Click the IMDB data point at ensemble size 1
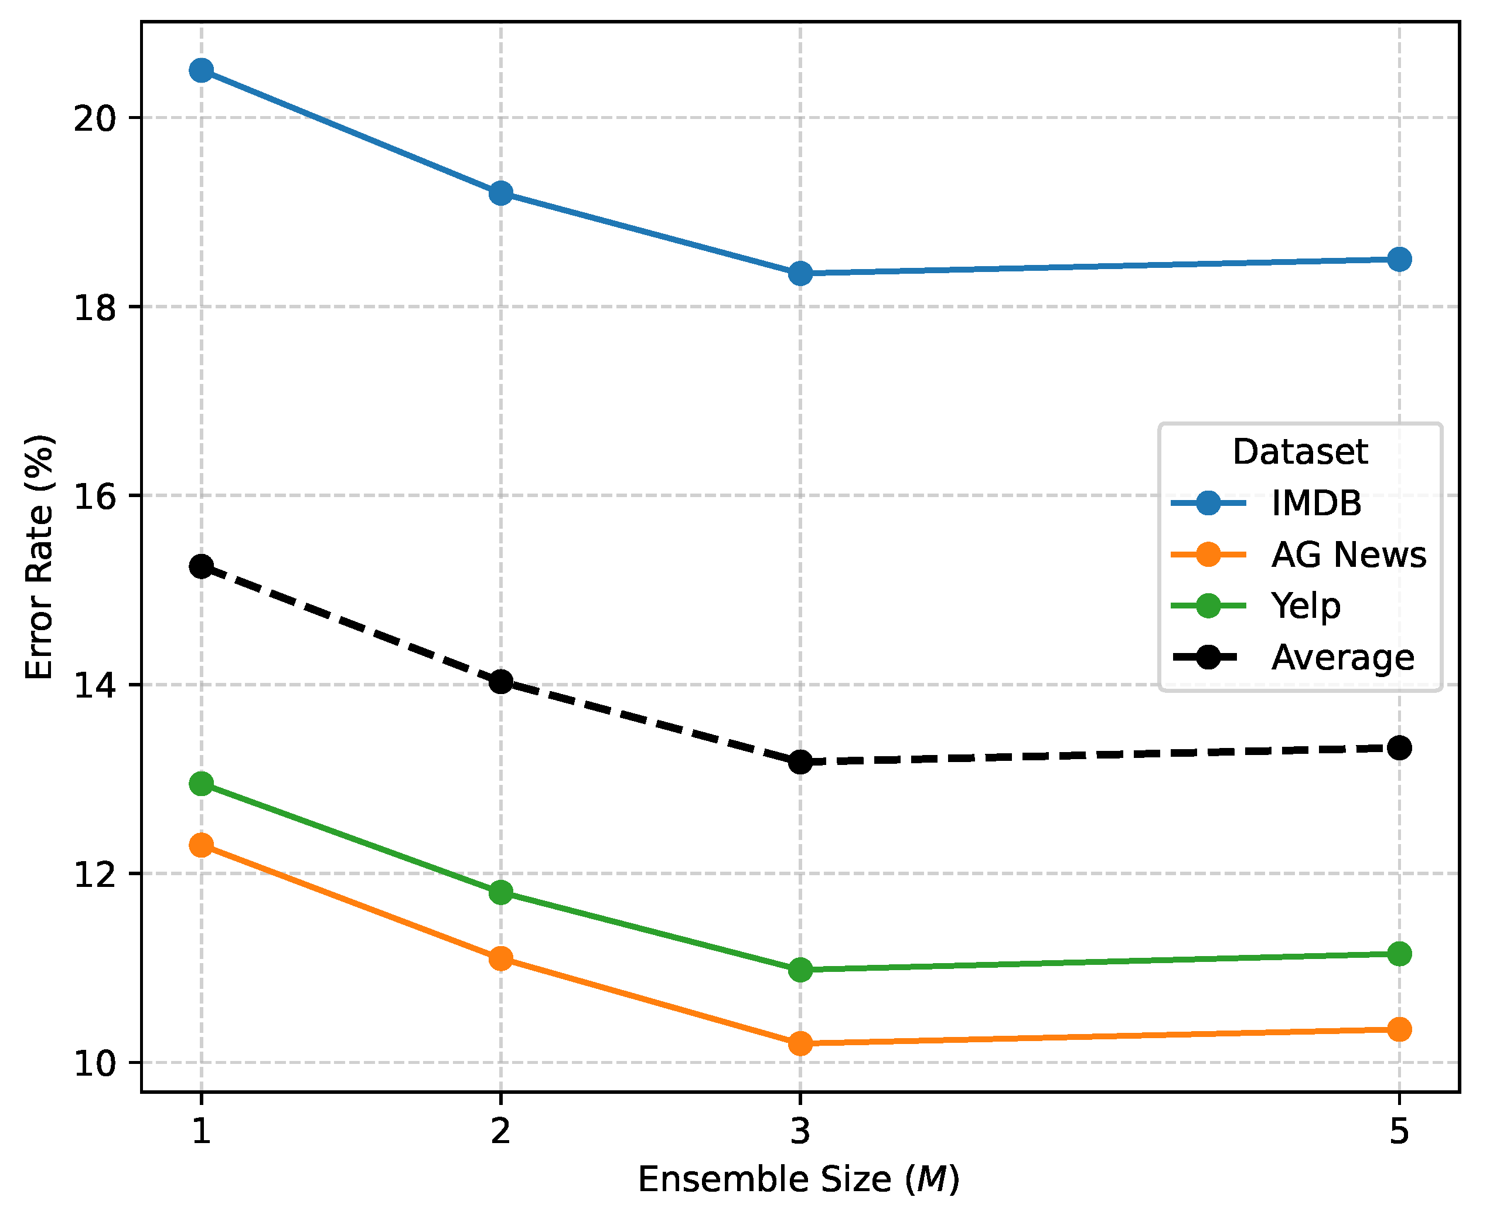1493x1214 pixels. tap(202, 70)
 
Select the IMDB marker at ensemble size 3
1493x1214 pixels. tap(800, 273)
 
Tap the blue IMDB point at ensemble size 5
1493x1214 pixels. tap(1399, 260)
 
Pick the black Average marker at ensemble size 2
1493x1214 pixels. tap(500, 681)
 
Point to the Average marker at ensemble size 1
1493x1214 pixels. tap(202, 566)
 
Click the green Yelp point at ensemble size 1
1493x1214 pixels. tap(202, 784)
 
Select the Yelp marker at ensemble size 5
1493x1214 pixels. tap(1399, 954)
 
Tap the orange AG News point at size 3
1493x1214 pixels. tap(800, 1044)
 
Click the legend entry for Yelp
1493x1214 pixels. tap(1305, 606)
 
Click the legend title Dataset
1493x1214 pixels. tap(1300, 452)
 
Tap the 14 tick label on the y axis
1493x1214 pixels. tap(94, 685)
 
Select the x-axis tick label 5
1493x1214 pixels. tap(1399, 1131)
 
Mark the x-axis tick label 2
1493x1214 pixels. tap(500, 1131)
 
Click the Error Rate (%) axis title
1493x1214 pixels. tap(40, 557)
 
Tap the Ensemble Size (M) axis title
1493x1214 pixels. tap(799, 1180)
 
